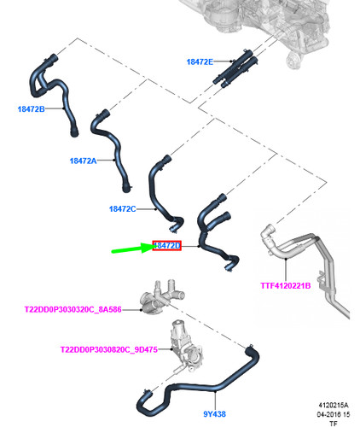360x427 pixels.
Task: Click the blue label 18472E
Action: [200, 61]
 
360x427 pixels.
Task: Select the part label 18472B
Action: [31, 108]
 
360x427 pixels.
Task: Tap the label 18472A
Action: [83, 161]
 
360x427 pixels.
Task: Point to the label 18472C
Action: [123, 209]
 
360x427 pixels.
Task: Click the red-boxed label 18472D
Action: [166, 245]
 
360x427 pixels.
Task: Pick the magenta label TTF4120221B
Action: [286, 285]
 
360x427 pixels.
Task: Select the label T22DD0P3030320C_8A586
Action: [73, 309]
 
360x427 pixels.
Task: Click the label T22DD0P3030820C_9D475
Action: [109, 349]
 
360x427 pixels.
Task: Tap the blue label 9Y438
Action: [214, 414]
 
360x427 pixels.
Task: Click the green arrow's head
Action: [151, 247]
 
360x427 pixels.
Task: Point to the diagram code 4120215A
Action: [334, 405]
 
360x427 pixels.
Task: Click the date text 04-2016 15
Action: [334, 414]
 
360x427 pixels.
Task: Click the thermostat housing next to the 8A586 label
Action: [160, 299]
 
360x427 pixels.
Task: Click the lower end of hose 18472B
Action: [74, 132]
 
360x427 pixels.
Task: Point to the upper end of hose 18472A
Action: [105, 114]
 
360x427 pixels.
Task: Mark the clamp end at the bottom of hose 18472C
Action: [173, 228]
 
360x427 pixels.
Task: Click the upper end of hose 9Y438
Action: [249, 348]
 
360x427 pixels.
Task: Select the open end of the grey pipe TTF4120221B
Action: [269, 228]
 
